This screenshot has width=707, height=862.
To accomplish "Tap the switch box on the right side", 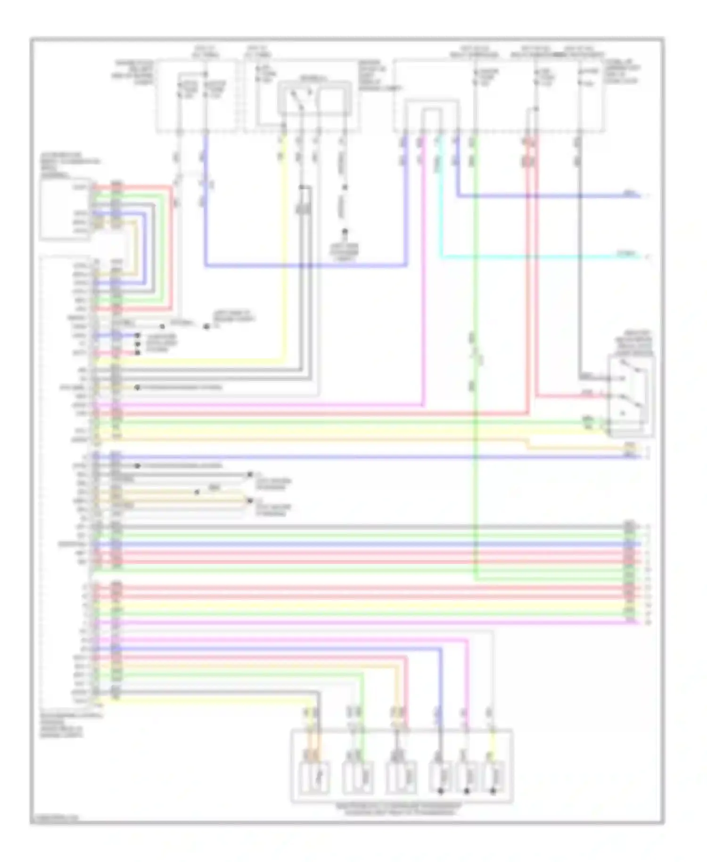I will point(631,396).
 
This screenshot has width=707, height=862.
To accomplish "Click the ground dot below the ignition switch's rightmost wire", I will point(345,232).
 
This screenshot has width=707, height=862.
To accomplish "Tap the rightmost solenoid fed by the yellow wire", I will point(493,776).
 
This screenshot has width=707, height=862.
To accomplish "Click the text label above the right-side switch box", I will point(633,343).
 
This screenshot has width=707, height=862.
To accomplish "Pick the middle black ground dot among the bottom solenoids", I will point(467,791).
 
